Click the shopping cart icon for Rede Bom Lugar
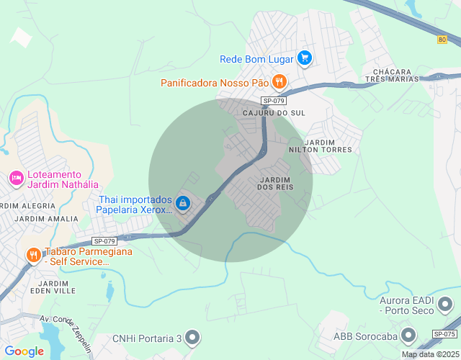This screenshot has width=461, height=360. pyautogui.click(x=305, y=58)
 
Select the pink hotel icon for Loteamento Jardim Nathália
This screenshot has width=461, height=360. pyautogui.click(x=15, y=178)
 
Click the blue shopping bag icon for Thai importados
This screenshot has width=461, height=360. pyautogui.click(x=184, y=204)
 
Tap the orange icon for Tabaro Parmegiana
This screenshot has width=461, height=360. pyautogui.click(x=33, y=255)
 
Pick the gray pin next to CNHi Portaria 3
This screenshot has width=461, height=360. pyautogui.click(x=192, y=337)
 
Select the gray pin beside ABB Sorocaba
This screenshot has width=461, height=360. pyautogui.click(x=409, y=335)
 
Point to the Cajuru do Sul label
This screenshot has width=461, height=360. pyautogui.click(x=274, y=114)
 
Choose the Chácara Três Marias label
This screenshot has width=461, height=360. pyautogui.click(x=393, y=75)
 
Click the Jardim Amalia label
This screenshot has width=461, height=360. pyautogui.click(x=46, y=219)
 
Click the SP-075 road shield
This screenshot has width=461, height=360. pyautogui.click(x=444, y=333)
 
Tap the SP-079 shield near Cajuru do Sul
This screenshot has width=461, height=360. pyautogui.click(x=274, y=101)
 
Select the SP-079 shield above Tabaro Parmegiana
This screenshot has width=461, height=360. pyautogui.click(x=104, y=241)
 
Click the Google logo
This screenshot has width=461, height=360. pyautogui.click(x=24, y=351)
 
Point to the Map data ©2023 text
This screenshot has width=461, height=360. pyautogui.click(x=429, y=354)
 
